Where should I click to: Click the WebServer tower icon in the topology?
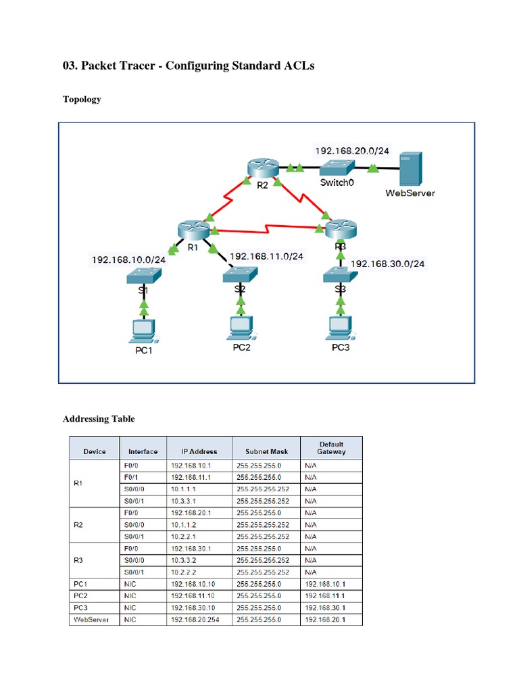click(410, 169)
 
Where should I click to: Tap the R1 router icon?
click(191, 228)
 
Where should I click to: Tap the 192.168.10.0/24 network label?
click(128, 259)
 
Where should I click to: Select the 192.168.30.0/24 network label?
click(388, 264)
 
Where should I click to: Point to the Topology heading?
click(82, 99)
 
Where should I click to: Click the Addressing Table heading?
click(99, 419)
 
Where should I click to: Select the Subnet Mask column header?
click(266, 451)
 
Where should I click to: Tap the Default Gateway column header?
click(331, 448)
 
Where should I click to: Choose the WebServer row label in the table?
click(91, 620)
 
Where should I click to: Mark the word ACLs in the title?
click(297, 66)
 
